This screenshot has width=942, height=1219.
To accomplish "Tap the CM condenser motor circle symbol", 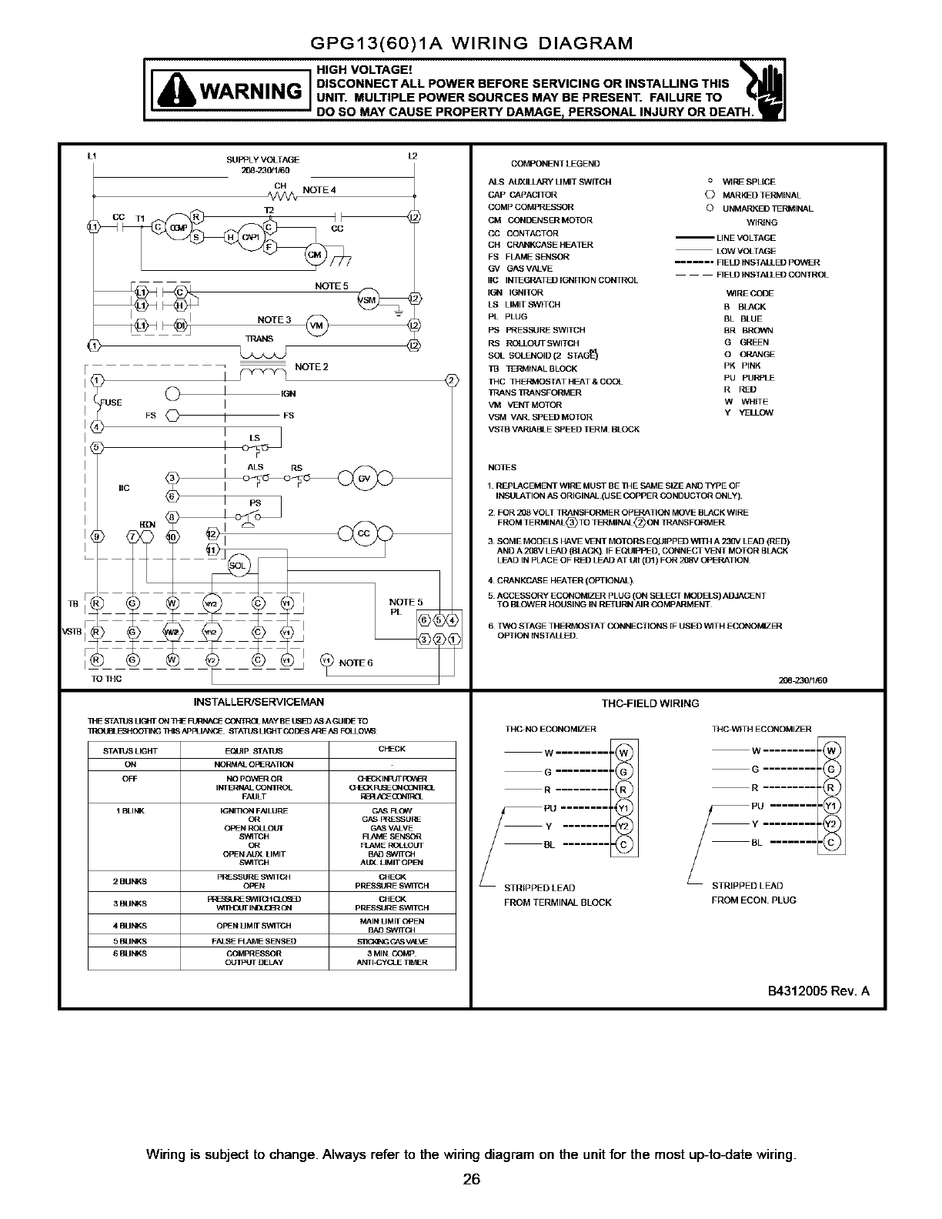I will tap(315, 255).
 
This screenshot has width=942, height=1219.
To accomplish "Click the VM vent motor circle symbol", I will tap(316, 325).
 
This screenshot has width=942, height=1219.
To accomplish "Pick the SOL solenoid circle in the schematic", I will tap(238, 566).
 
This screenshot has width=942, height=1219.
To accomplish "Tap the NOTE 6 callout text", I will tap(356, 663).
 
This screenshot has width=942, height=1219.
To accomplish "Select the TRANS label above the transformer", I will tap(259, 339).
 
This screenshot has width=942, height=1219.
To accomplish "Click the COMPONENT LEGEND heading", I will tap(555, 164).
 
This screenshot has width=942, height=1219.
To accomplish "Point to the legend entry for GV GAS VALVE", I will tap(520, 269).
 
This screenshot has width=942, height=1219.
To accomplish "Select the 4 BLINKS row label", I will tap(130, 926).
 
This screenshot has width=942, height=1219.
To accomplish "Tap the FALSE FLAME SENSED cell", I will tap(254, 941).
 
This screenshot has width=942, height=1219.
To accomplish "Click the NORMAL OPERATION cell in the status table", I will tap(254, 765).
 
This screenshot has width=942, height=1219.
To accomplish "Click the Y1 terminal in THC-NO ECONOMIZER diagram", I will tap(624, 808).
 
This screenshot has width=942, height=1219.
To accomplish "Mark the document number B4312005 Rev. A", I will tap(817, 990).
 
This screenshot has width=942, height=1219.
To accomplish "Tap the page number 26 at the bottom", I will tap(471, 1180).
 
